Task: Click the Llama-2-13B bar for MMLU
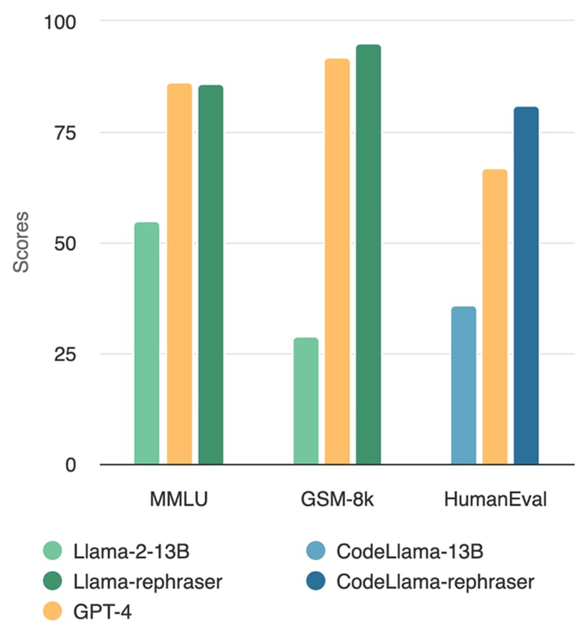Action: coord(147,343)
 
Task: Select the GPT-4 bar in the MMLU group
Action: coord(179,274)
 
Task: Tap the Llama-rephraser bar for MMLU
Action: coord(211,274)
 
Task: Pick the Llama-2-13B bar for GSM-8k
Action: coord(306,401)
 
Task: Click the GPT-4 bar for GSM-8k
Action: coord(337,261)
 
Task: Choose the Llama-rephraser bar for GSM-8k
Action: coord(369,254)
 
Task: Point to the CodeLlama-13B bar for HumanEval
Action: coord(463,385)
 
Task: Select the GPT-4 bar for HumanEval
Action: coord(495,317)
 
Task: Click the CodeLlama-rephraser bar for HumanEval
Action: coord(526,286)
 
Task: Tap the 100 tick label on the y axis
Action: coord(60,22)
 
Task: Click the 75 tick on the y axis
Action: coord(65,133)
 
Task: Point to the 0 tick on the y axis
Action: coord(71,465)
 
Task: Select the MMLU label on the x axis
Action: coord(179,499)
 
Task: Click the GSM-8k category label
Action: coord(337,499)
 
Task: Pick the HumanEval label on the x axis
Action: coord(495,499)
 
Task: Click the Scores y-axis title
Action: coord(21,242)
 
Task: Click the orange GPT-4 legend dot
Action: coord(53,611)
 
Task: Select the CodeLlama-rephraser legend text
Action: coord(435,581)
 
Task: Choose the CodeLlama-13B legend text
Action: coord(409,551)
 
